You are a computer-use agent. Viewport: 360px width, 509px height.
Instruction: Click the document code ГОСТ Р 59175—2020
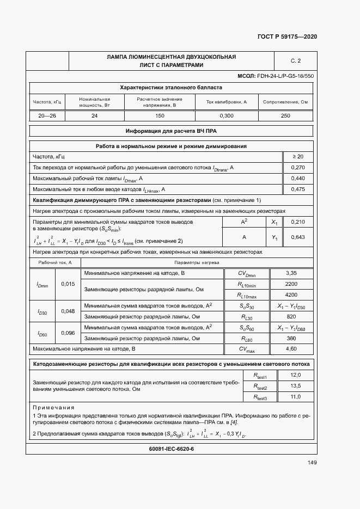click(286, 36)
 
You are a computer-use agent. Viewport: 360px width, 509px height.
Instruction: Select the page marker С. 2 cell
click(296, 60)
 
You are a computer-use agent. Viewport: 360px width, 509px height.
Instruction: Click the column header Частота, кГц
click(48, 102)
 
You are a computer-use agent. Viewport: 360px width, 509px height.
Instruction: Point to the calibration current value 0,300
click(227, 116)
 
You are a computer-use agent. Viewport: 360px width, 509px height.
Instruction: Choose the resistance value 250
click(285, 116)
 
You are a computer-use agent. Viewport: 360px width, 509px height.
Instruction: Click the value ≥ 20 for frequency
click(298, 157)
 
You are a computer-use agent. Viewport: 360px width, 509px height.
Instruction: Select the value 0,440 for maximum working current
click(298, 178)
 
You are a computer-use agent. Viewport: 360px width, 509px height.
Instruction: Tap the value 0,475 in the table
click(298, 189)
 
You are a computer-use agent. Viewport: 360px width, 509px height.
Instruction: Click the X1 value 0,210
click(298, 222)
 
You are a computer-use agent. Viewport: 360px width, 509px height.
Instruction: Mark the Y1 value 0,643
click(298, 237)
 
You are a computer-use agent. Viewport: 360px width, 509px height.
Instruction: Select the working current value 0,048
click(68, 311)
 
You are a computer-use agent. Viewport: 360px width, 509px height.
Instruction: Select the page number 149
click(312, 463)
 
